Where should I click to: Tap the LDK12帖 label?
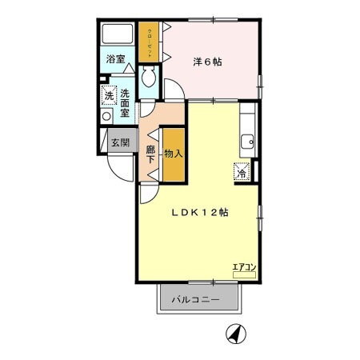point(199,213)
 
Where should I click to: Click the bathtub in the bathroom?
point(118,36)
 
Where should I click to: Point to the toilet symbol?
point(148,78)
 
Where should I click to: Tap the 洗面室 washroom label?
point(125,103)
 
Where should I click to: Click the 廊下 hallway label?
point(150,153)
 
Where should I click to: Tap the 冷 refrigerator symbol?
point(242,170)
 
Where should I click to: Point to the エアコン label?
point(243,267)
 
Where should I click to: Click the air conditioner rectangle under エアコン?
point(243,276)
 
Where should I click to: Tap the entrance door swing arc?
point(118,171)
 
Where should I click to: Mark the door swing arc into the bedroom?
point(178,89)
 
